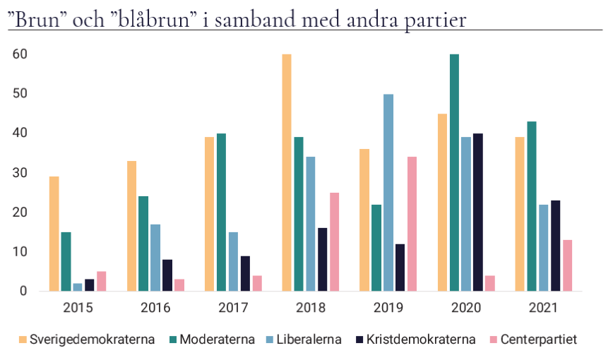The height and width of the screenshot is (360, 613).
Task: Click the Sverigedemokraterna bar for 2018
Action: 287,172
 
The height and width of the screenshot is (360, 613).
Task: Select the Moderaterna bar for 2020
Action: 454,172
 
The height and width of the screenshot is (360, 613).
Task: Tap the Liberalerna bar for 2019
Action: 388,192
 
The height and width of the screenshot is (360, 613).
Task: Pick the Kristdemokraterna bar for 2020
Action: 478,212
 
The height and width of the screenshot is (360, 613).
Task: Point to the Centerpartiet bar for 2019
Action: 412,224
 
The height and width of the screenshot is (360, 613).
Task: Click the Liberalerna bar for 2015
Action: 78,287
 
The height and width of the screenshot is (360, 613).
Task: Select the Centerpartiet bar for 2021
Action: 568,265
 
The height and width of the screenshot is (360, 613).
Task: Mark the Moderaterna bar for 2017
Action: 221,212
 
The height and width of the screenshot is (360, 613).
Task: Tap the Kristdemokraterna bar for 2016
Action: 167,275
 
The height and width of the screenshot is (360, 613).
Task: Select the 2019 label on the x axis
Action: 388,308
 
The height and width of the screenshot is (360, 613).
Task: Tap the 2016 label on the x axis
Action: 155,308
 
